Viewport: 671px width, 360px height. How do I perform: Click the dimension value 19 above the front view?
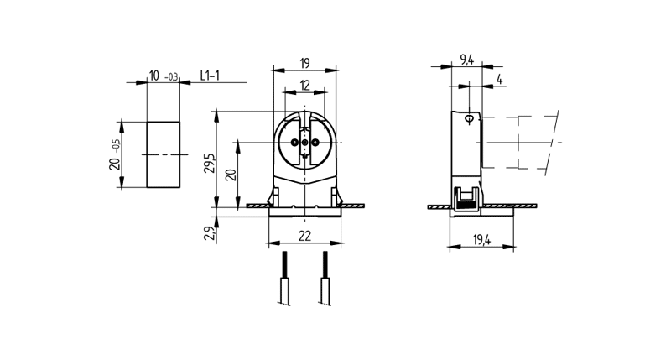coord(304,61)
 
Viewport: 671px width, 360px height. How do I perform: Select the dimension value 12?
coord(304,84)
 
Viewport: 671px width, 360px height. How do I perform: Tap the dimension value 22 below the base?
coord(304,237)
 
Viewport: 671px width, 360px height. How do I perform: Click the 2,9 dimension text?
coord(208,232)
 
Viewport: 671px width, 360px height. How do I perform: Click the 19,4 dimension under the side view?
coord(481,241)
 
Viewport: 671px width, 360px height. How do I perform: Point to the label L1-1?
coord(211,76)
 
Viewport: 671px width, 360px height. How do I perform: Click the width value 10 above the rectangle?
coord(153,76)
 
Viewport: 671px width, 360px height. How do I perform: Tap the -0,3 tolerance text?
coord(171,78)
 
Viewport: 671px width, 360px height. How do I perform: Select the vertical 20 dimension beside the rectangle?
coord(115,155)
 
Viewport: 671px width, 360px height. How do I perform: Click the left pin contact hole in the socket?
coord(294,143)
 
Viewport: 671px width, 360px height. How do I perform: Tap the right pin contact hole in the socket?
coord(315,143)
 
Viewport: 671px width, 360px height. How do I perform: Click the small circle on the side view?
coord(468,118)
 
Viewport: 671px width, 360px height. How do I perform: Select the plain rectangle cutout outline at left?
coord(164,155)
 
